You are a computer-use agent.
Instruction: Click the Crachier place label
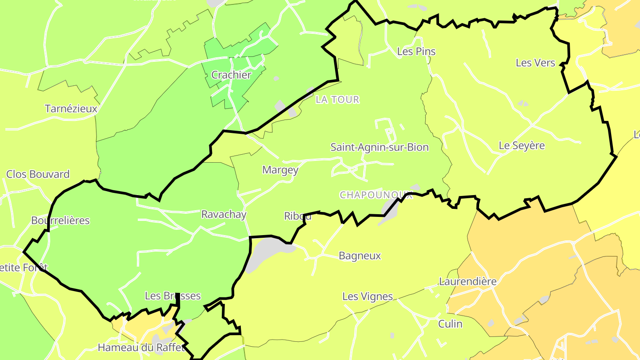click(231, 75)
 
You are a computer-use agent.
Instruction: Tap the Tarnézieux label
click(71, 108)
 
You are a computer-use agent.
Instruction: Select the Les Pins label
click(416, 52)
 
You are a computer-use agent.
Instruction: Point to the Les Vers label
click(536, 63)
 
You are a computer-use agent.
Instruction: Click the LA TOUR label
click(337, 100)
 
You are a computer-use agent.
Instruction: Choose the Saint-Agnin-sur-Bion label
click(380, 147)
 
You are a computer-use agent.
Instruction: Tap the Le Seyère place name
click(522, 145)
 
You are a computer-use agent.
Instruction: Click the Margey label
click(280, 170)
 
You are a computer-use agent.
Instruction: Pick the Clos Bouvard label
click(38, 174)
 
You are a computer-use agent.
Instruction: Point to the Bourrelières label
click(60, 220)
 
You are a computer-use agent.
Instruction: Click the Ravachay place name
click(224, 214)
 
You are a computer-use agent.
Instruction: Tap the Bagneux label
click(360, 256)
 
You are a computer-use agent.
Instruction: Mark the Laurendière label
click(468, 281)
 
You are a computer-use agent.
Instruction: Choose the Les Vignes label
click(368, 296)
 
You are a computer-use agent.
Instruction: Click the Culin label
click(450, 324)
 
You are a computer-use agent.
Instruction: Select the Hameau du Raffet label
click(141, 348)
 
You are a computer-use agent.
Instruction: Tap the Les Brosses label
click(173, 296)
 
